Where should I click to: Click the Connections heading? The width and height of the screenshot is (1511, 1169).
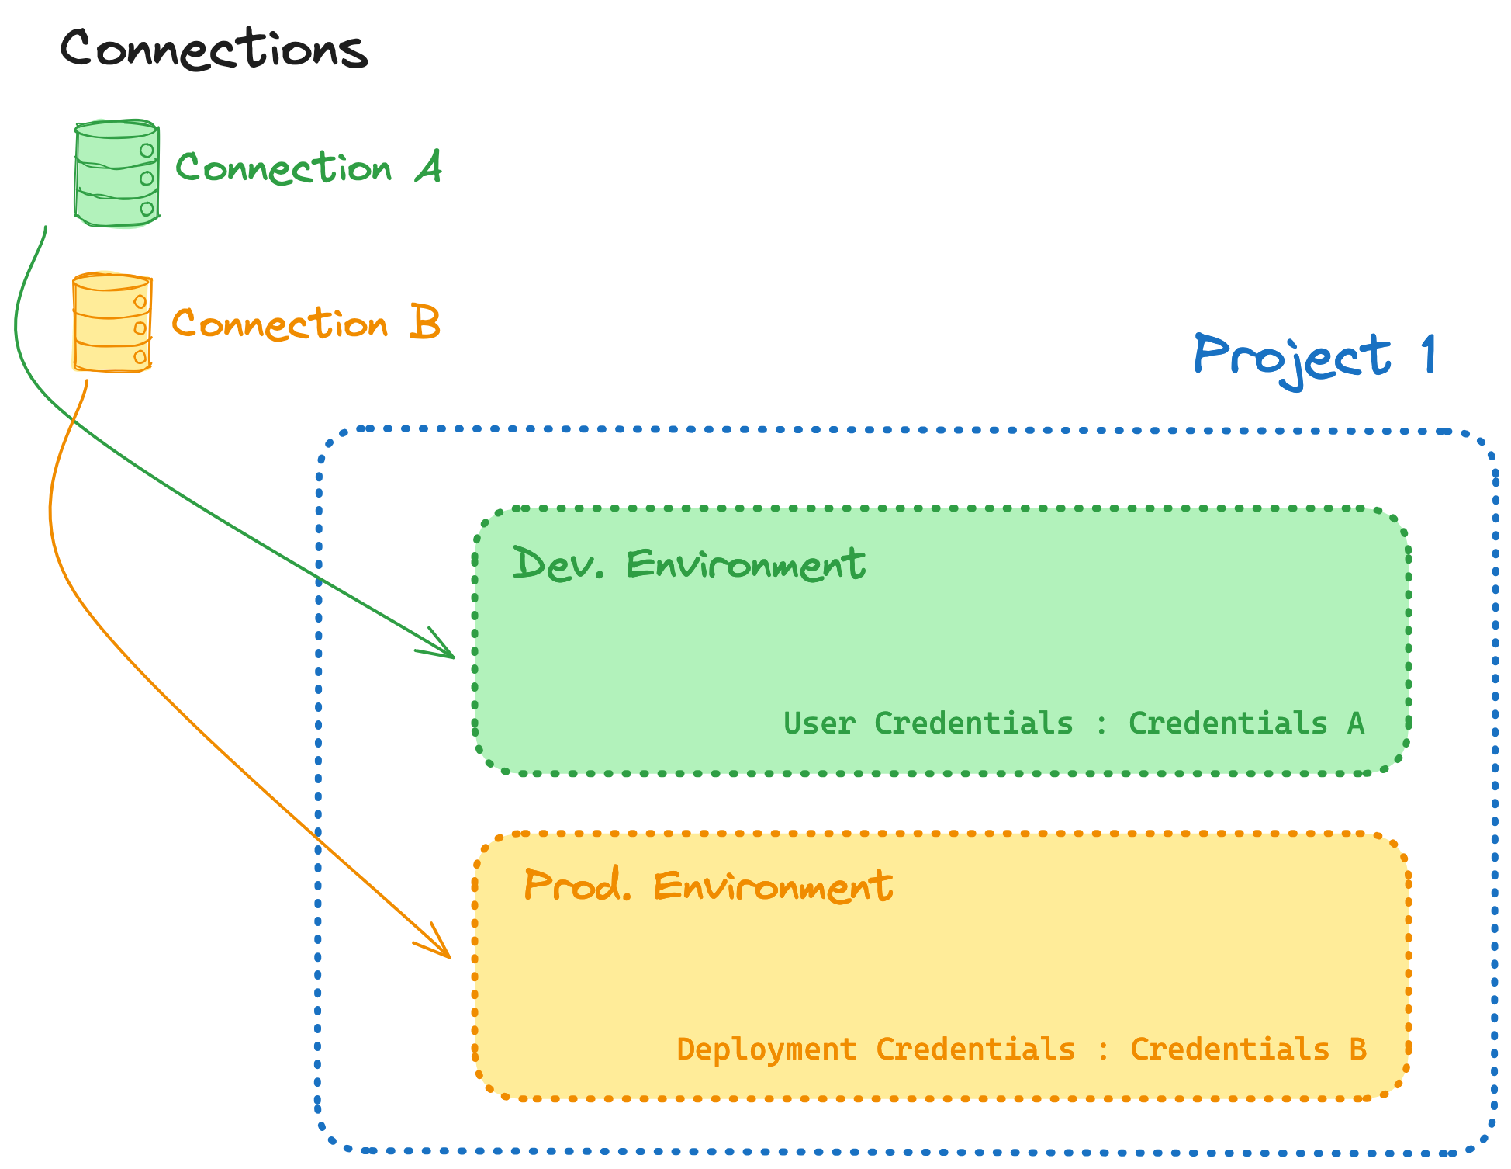point(214,49)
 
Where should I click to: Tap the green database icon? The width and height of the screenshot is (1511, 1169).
point(116,173)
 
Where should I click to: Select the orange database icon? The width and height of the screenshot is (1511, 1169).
point(112,322)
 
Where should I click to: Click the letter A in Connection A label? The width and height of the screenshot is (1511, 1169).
point(428,167)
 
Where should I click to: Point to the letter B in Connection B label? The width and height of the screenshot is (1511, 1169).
point(425,322)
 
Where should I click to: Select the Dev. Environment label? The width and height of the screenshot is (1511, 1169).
point(689,564)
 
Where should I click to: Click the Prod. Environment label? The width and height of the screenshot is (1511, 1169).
point(707,886)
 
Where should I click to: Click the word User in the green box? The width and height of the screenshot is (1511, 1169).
point(819,723)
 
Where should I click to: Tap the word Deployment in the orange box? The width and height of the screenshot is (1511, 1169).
point(766,1049)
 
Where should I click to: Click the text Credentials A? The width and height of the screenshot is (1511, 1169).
point(1246,723)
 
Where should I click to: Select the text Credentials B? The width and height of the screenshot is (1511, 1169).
point(1247,1049)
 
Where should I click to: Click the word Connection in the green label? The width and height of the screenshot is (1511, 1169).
point(284,168)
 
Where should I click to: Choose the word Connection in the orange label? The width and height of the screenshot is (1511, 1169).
point(279,324)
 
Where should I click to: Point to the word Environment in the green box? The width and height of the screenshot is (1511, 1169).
point(745,564)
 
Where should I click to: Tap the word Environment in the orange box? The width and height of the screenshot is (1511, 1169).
point(773,886)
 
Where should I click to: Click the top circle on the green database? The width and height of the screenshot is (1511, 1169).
point(146,151)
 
